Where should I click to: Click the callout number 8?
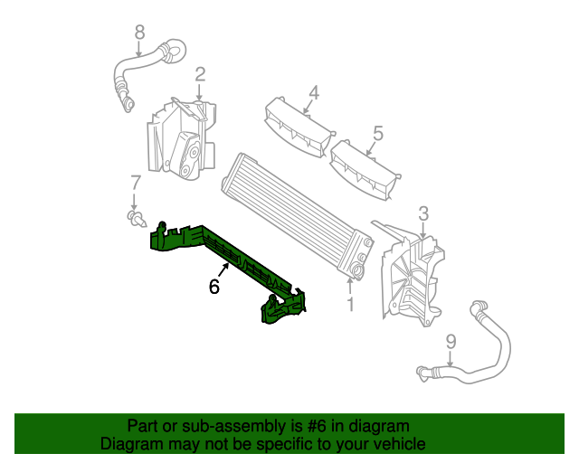[x=139, y=33]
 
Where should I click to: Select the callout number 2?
[x=200, y=74]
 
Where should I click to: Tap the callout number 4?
[x=314, y=92]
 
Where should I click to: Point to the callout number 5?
[x=377, y=133]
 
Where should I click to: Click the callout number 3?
[x=422, y=214]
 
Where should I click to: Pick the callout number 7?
[x=135, y=181]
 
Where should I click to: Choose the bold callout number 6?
[x=214, y=287]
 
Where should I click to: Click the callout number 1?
[x=350, y=305]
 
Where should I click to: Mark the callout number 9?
[x=451, y=342]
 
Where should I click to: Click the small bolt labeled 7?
[x=136, y=217]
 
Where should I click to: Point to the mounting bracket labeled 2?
[x=181, y=140]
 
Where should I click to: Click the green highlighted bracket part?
[x=226, y=258]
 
